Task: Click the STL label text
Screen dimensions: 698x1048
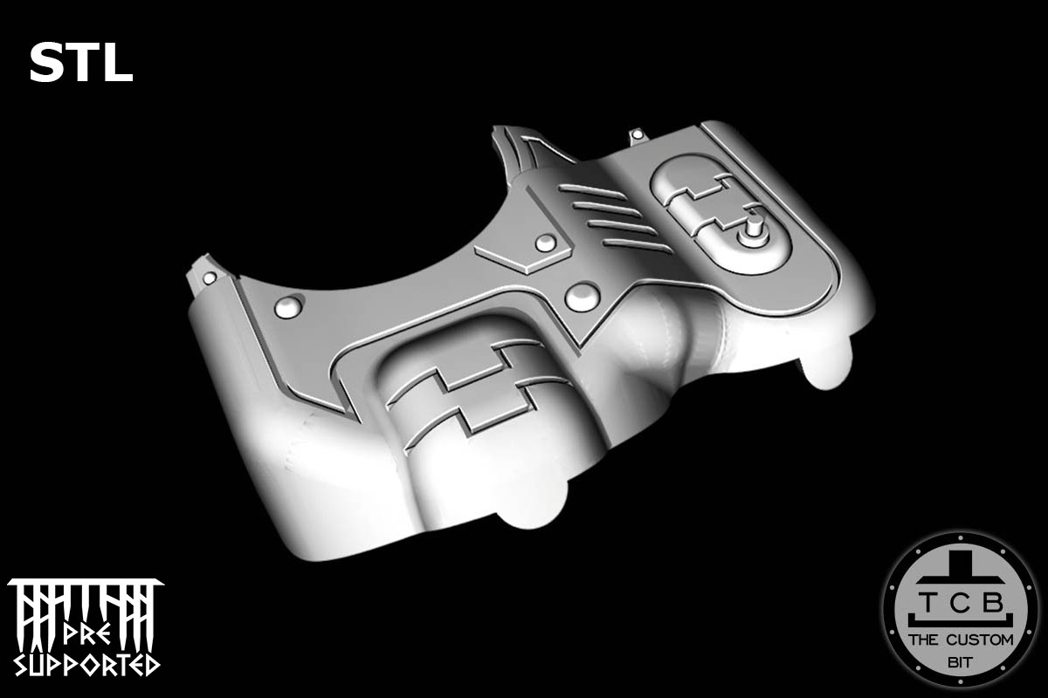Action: tap(80, 64)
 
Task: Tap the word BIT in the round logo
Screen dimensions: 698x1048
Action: tap(959, 660)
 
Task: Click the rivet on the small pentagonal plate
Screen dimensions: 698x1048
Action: tap(545, 243)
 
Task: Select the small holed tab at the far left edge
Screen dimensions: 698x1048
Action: tap(208, 276)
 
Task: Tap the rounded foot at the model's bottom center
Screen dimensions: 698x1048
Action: tap(530, 513)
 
